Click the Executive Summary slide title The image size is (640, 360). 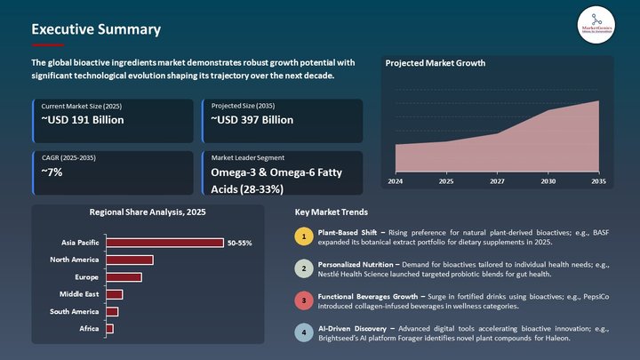tap(96, 29)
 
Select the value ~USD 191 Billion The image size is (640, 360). tap(83, 120)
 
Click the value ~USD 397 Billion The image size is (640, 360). tap(252, 120)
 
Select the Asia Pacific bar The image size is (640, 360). tap(164, 243)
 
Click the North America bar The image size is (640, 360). tap(130, 260)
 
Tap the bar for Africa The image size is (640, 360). tap(109, 329)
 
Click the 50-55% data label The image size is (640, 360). tap(239, 243)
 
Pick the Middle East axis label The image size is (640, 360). tap(79, 294)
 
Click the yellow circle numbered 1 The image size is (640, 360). tap(303, 236)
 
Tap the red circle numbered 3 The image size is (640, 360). tap(303, 300)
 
